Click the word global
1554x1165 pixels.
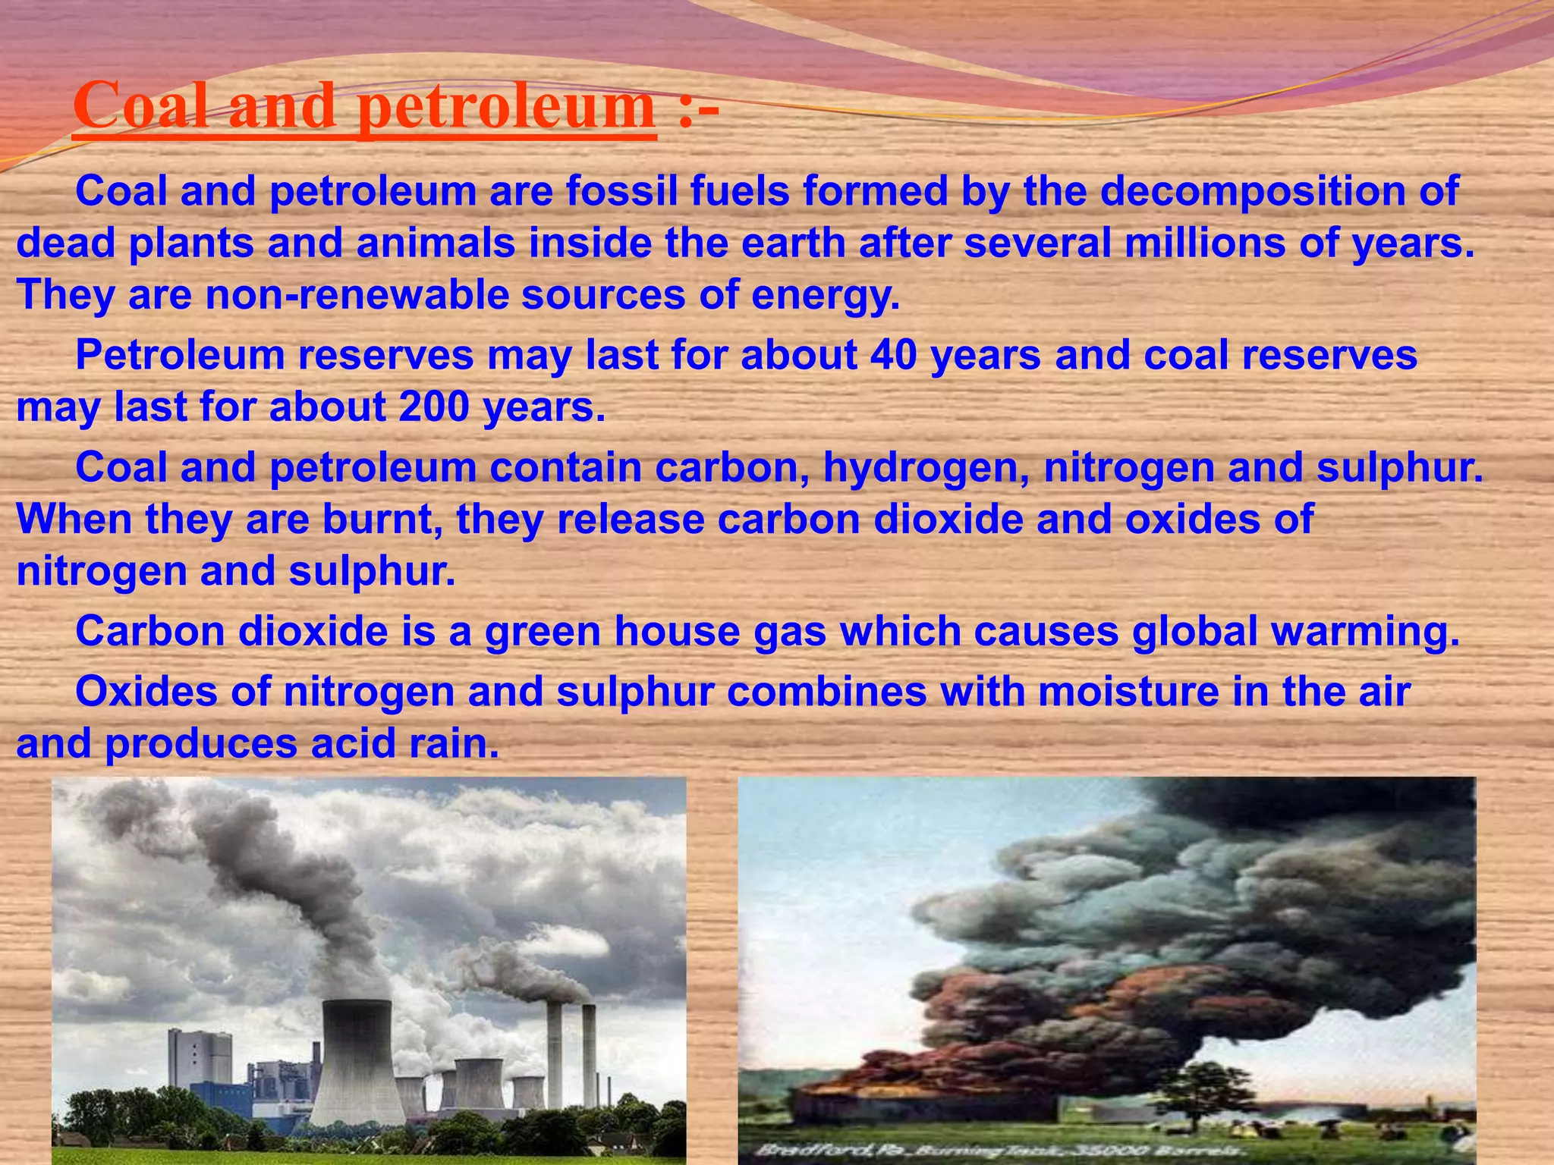pyautogui.click(x=1194, y=632)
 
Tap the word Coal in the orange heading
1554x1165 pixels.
pyautogui.click(x=144, y=106)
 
